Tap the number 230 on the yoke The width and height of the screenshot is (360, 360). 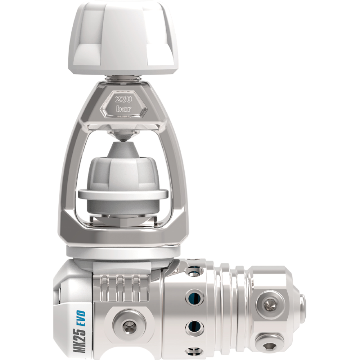point(123,99)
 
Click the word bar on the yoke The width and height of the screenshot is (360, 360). point(123,108)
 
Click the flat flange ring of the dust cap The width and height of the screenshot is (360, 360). point(123,194)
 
